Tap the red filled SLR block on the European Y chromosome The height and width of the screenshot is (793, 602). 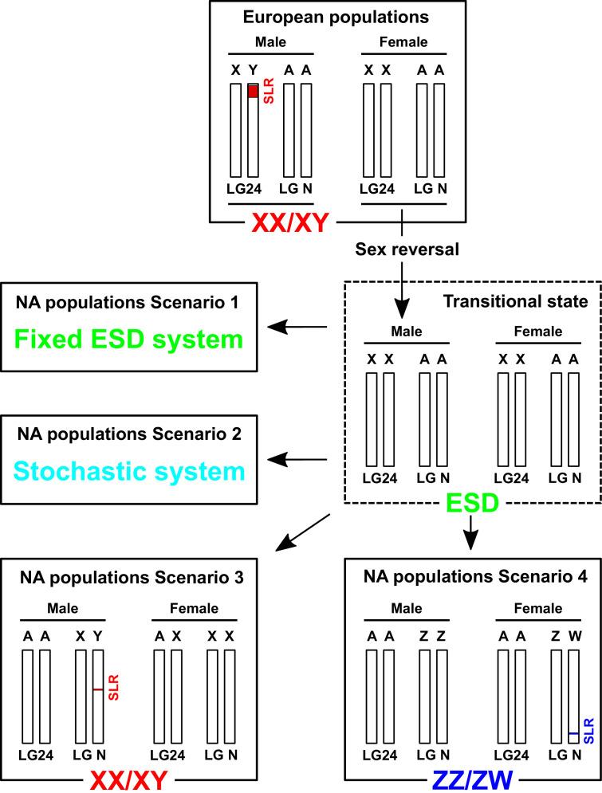pos(253,92)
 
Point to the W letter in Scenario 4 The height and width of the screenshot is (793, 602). pos(572,636)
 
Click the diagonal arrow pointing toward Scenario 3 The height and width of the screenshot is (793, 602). pos(303,532)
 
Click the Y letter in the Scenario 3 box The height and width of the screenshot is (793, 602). pos(97,636)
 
